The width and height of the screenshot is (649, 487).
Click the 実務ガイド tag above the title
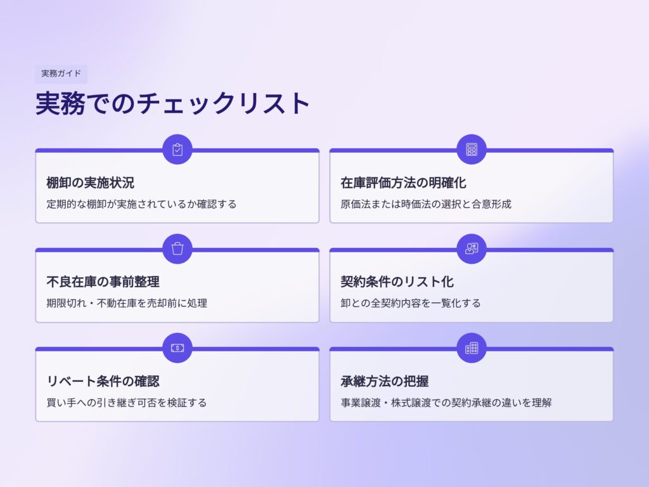coord(61,74)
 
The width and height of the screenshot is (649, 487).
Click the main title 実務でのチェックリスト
coord(173,103)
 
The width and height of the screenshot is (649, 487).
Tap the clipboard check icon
coord(177,150)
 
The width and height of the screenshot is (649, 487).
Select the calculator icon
coord(472,150)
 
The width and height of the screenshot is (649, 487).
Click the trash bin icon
coord(177,249)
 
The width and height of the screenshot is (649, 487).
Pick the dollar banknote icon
coord(177,348)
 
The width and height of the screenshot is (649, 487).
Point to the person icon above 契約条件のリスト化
coord(472,249)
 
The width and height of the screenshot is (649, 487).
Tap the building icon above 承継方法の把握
coord(472,348)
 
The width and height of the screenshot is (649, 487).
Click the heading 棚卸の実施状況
coord(90,183)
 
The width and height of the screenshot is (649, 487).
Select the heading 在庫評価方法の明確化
coord(403,183)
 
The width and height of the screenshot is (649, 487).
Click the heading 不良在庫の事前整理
coord(103,282)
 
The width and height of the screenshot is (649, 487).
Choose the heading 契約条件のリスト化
coord(397,282)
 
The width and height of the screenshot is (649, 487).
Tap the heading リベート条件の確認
coord(103,381)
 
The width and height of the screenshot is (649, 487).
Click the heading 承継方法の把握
coord(385,381)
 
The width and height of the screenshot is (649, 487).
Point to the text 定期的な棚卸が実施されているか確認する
coord(141,204)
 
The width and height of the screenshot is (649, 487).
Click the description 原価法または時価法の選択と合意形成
coord(426,204)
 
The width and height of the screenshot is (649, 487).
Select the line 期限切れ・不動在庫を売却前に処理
coord(127,303)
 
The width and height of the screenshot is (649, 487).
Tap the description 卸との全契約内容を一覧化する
coord(411,303)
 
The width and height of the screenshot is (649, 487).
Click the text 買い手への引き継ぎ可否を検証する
coord(127,403)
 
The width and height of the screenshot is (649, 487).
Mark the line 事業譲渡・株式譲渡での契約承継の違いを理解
coord(446,403)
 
